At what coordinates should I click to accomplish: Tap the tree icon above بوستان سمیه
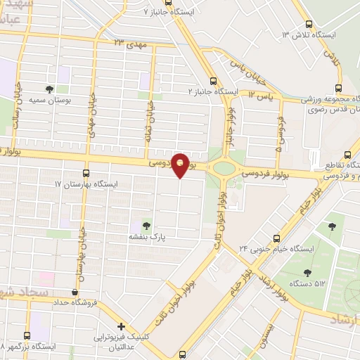(49, 89)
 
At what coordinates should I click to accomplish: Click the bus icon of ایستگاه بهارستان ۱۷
(86, 172)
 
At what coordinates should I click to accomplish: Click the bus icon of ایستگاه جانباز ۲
(213, 80)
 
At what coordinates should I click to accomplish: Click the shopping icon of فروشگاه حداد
(75, 292)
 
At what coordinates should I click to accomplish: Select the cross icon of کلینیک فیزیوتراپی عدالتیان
(122, 326)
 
